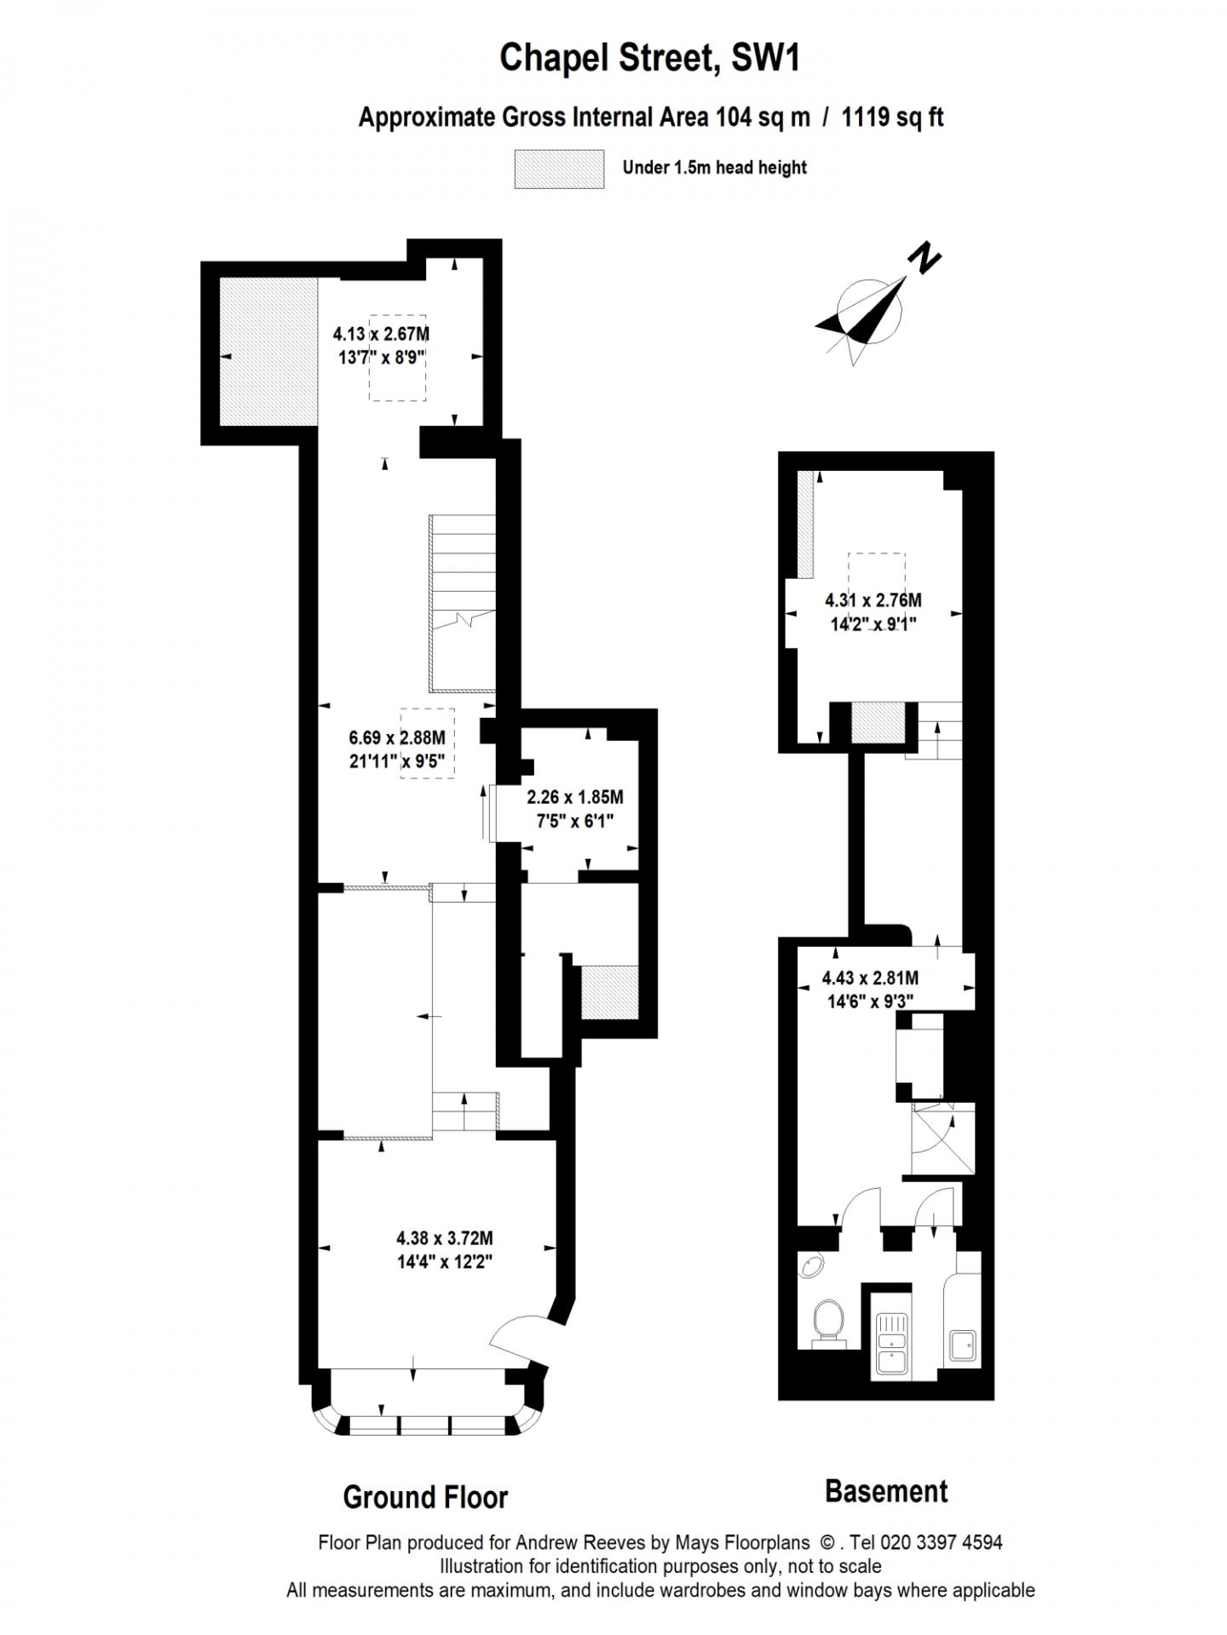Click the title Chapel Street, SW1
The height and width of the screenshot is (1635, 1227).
pos(649,59)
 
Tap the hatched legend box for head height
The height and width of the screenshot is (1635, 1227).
pos(559,169)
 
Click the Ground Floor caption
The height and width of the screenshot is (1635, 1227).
pos(425,1496)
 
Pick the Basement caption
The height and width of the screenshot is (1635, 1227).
pos(886,1491)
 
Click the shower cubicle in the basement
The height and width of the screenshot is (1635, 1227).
pos(942,1141)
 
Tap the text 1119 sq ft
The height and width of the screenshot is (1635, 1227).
pos(892,117)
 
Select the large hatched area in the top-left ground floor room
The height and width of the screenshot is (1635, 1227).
pos(268,351)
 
